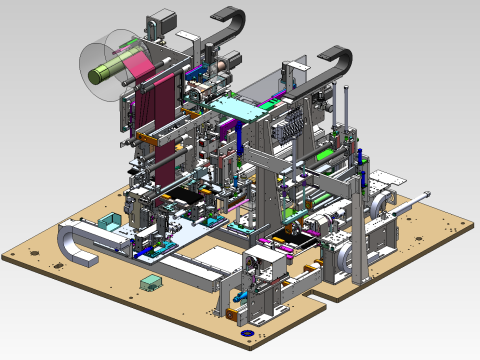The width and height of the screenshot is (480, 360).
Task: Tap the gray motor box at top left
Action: click(160, 23)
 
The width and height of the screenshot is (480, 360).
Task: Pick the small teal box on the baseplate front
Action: click(151, 283)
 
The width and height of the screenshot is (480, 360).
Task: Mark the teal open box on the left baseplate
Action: click(112, 221)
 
